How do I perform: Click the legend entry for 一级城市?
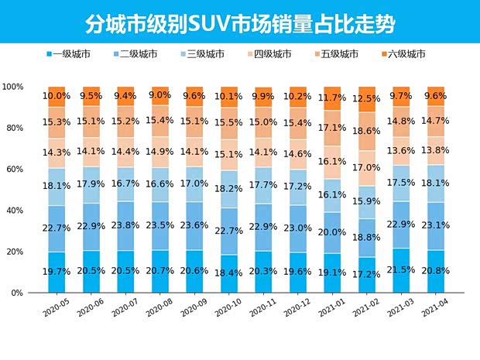(71, 54)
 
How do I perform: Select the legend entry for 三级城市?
(205, 54)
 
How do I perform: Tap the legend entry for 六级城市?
(405, 54)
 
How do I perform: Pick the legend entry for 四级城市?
(272, 54)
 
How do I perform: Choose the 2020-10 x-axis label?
(230, 307)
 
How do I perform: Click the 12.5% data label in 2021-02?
(367, 99)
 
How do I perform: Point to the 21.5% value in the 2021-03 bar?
(402, 270)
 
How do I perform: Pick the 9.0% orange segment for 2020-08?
(159, 96)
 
